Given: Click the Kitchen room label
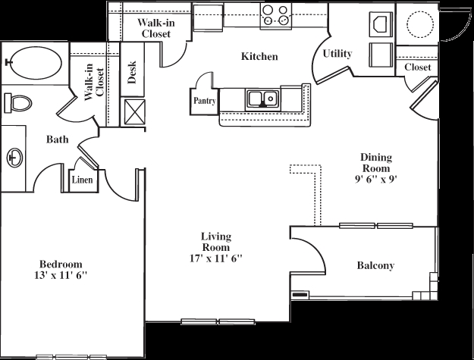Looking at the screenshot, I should tap(259, 57).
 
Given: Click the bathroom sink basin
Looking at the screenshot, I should tap(14, 157).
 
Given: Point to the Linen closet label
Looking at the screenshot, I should tap(83, 180).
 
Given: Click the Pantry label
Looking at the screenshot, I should tap(204, 100).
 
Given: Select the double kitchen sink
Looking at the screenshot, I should tap(262, 98).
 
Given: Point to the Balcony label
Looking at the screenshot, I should tap(375, 265).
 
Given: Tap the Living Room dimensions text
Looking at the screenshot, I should tap(215, 258).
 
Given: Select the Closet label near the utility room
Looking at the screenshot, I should tap(417, 67).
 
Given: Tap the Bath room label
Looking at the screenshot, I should tap(57, 139).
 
